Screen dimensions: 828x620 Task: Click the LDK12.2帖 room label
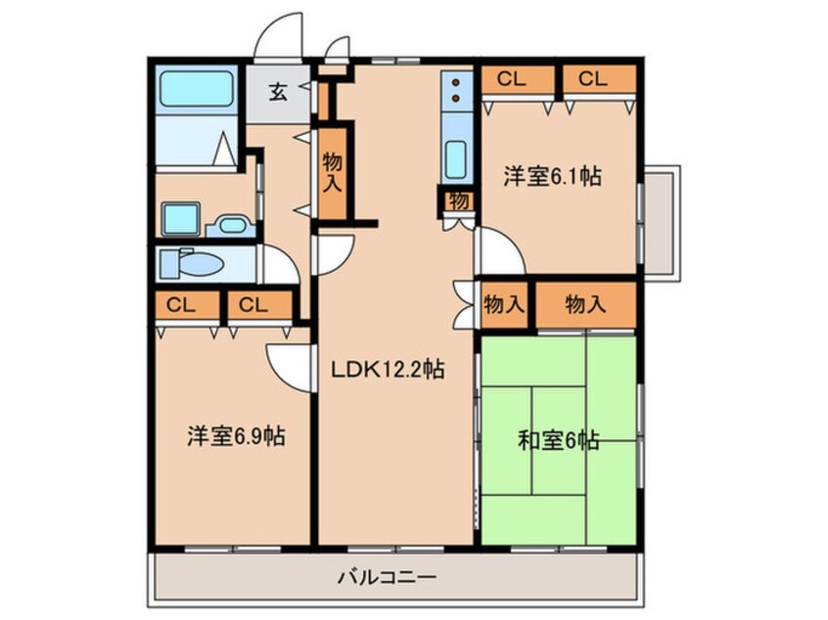click(x=388, y=370)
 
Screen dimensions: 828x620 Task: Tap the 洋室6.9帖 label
click(x=236, y=436)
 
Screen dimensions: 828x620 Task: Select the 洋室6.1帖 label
click(x=552, y=176)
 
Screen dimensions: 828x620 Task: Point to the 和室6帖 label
click(x=558, y=440)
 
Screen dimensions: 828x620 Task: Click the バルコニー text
click(x=387, y=577)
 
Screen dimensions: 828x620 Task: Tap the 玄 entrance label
click(x=278, y=94)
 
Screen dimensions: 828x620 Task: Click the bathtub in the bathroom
click(x=197, y=89)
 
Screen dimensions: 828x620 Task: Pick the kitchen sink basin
click(x=455, y=159)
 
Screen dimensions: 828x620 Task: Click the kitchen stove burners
click(x=455, y=90)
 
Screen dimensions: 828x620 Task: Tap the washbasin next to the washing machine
click(x=232, y=225)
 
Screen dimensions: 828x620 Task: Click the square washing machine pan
click(x=181, y=219)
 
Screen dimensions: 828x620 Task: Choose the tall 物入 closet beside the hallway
click(x=332, y=173)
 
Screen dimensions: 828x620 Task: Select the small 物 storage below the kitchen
click(x=459, y=201)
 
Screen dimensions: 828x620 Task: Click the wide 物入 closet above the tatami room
click(x=586, y=304)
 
